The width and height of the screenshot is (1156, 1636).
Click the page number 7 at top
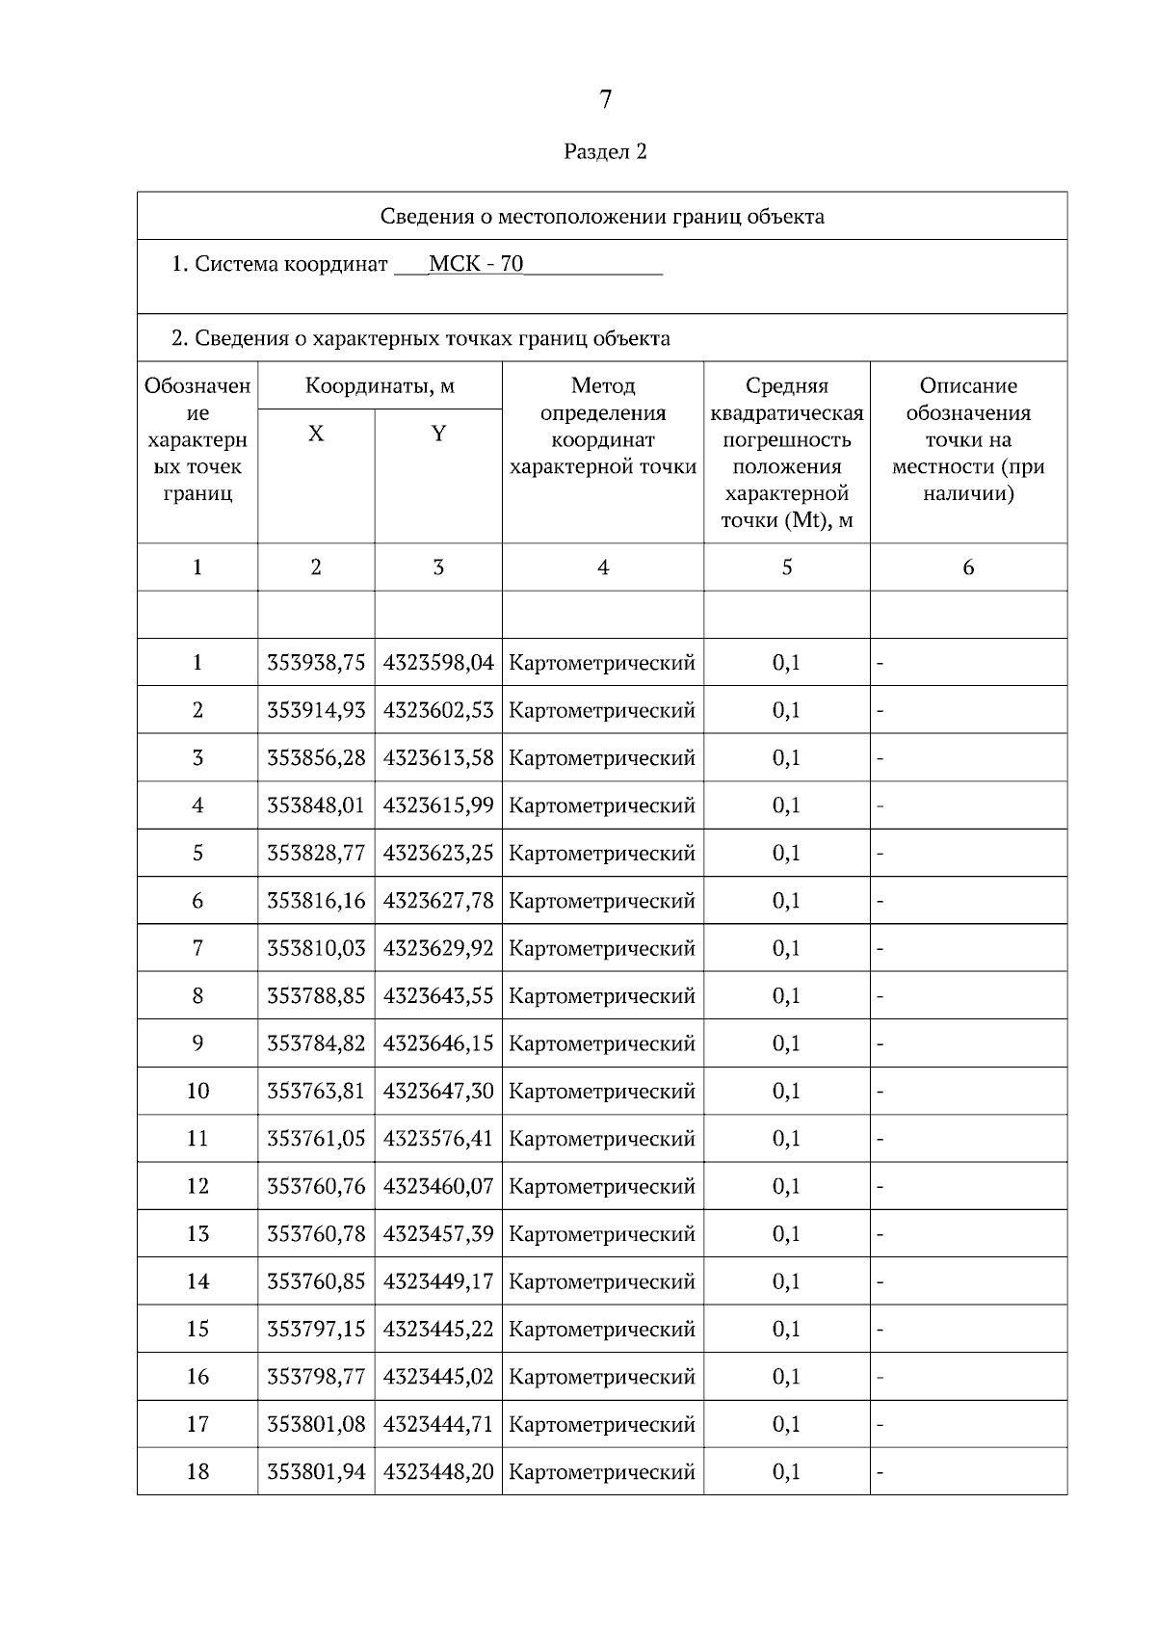[x=605, y=99]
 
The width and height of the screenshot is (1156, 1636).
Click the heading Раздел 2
[x=605, y=151]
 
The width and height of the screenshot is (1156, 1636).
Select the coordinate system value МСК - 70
[x=476, y=264]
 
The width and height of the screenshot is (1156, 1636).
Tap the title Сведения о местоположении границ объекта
[x=602, y=216]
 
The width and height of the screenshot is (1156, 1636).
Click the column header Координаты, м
[x=380, y=386]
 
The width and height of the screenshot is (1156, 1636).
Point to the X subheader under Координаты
[x=316, y=434]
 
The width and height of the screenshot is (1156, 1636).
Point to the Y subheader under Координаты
[x=438, y=434]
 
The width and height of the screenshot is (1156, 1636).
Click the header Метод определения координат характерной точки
[x=602, y=427]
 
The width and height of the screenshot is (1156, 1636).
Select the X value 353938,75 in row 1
[x=316, y=663]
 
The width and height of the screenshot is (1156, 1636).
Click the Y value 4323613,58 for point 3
[x=438, y=758]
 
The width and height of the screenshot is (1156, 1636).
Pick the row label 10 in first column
[x=197, y=1091]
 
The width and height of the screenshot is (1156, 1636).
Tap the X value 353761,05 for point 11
[x=316, y=1139]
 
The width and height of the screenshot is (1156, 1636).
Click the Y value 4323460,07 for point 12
[x=438, y=1186]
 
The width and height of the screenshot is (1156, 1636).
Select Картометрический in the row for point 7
[x=602, y=948]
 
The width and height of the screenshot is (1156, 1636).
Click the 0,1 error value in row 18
[x=786, y=1472]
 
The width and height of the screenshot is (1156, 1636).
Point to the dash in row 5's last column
[x=880, y=854]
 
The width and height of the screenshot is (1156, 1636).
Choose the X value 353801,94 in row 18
[x=316, y=1472]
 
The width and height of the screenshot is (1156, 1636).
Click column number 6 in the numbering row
[x=968, y=567]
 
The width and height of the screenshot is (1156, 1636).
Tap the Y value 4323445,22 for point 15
[x=438, y=1329]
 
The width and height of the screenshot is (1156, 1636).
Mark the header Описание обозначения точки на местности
[x=968, y=440]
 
